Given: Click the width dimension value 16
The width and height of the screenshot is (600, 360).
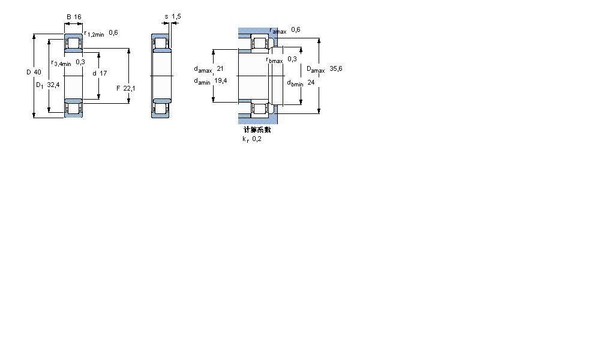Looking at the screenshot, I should click(x=77, y=17).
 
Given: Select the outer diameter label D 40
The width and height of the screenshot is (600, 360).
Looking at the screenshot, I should click(x=34, y=73).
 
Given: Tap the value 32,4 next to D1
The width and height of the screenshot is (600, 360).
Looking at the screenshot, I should click(x=53, y=85).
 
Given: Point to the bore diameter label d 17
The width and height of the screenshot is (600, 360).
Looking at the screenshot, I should click(x=100, y=73).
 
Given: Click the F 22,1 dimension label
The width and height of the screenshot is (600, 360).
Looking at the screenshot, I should click(x=126, y=88).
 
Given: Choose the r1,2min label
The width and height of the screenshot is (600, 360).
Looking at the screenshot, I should click(x=94, y=34).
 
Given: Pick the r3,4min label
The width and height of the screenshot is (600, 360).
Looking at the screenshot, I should click(x=61, y=63).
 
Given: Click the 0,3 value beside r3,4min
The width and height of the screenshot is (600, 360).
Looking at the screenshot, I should click(x=80, y=62).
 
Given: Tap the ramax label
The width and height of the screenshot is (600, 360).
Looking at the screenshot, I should click(x=278, y=31).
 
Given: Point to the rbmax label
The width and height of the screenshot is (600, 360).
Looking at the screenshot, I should click(x=274, y=59).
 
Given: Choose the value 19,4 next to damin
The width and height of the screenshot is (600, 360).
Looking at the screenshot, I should click(x=220, y=81).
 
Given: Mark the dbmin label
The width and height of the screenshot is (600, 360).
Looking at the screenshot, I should click(x=295, y=83).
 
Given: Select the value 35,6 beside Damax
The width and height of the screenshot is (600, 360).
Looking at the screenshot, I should click(x=336, y=69).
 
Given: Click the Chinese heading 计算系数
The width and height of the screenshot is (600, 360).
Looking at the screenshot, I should click(x=257, y=130).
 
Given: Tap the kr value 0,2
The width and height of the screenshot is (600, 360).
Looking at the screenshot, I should click(x=256, y=139).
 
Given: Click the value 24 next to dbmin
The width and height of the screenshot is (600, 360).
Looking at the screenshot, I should click(x=311, y=82).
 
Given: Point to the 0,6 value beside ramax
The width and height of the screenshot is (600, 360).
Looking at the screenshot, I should click(x=295, y=30).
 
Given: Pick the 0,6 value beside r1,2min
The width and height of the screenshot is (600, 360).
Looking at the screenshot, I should click(x=113, y=33).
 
